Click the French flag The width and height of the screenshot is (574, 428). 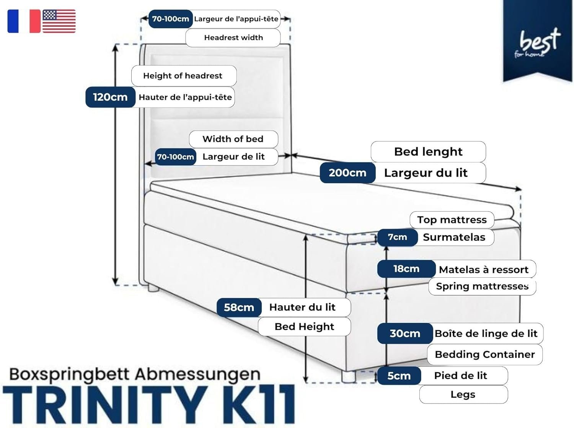(24, 21)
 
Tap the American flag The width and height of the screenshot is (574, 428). (59, 21)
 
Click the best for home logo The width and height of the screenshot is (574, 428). (538, 42)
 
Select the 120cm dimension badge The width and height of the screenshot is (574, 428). (110, 97)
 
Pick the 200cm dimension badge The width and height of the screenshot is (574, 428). (347, 173)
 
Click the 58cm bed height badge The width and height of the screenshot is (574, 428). (239, 307)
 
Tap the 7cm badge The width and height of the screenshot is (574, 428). (397, 237)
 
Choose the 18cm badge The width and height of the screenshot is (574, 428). (406, 269)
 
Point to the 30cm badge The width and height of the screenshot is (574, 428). (405, 334)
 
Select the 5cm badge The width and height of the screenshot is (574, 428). (399, 376)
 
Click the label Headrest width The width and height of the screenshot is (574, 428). (233, 37)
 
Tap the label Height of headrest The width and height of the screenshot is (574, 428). (183, 76)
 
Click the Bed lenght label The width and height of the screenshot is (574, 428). (428, 151)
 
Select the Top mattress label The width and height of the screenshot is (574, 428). (452, 220)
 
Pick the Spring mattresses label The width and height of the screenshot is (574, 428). (482, 286)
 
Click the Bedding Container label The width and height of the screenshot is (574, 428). (484, 354)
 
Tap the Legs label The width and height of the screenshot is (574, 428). (463, 394)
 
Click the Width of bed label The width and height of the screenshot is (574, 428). (233, 139)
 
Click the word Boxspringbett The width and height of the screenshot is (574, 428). (70, 374)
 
